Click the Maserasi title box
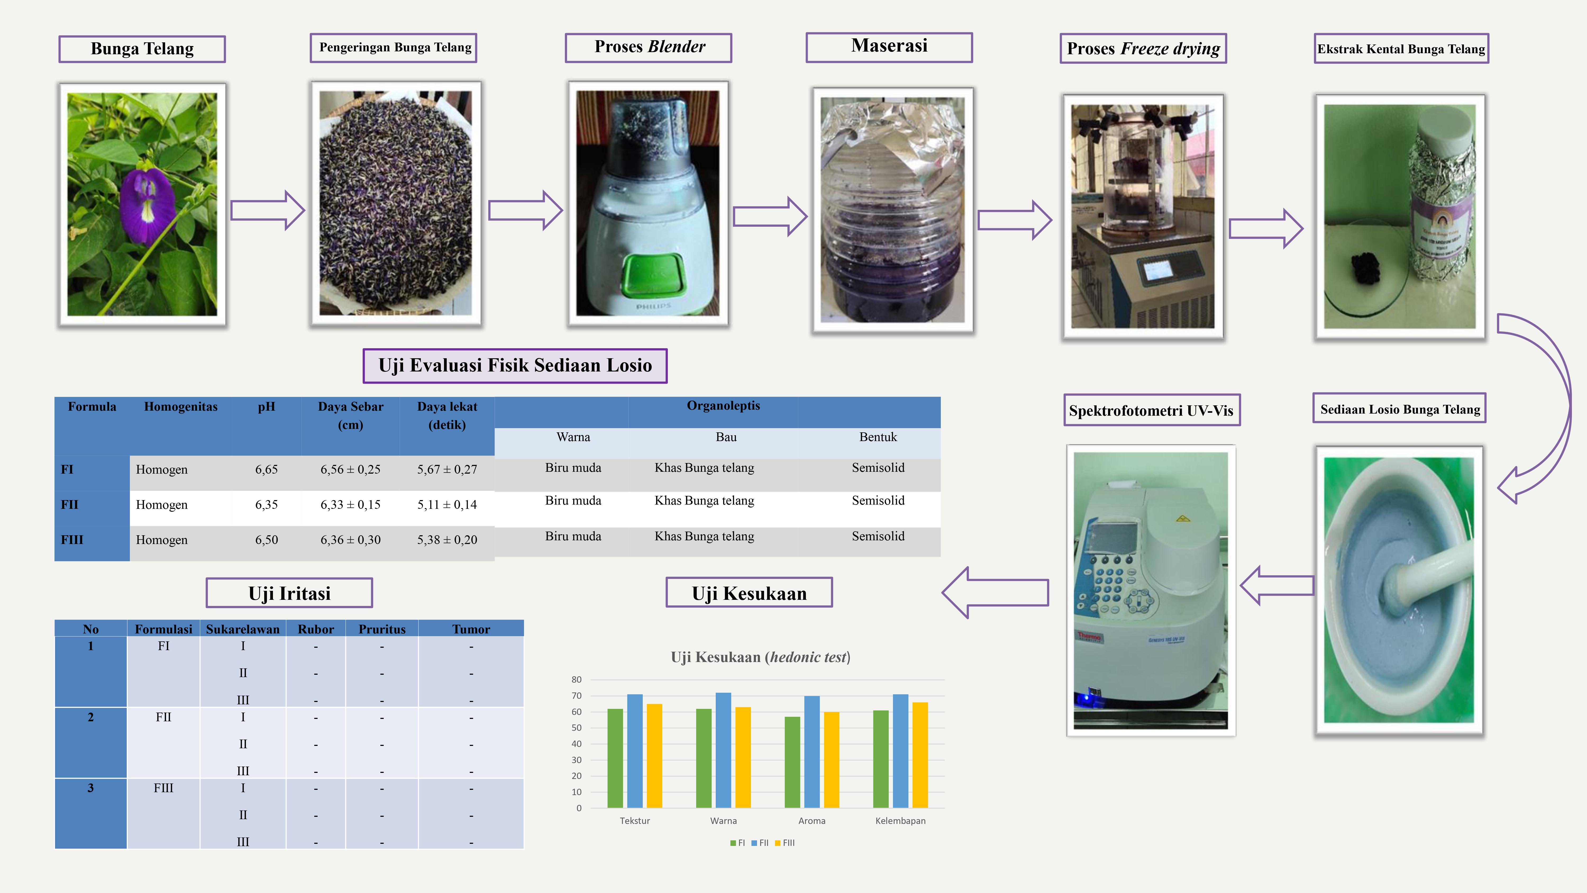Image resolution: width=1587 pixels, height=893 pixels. tap(889, 47)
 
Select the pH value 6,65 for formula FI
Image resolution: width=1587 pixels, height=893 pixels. tap(266, 470)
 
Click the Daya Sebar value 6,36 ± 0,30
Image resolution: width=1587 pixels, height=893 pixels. tap(350, 540)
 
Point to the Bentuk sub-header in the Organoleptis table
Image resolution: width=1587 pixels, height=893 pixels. tap(878, 437)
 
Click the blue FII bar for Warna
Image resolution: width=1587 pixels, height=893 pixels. tap(723, 750)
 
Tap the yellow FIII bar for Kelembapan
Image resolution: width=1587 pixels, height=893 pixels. tap(920, 755)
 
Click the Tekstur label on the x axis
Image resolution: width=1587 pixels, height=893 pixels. tap(635, 821)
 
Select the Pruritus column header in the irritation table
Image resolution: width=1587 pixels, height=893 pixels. tap(382, 629)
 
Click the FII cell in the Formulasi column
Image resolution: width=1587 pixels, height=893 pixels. tap(163, 717)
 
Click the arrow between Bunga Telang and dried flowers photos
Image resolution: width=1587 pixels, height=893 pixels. tap(267, 210)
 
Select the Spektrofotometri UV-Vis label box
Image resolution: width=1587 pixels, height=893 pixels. tap(1151, 410)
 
